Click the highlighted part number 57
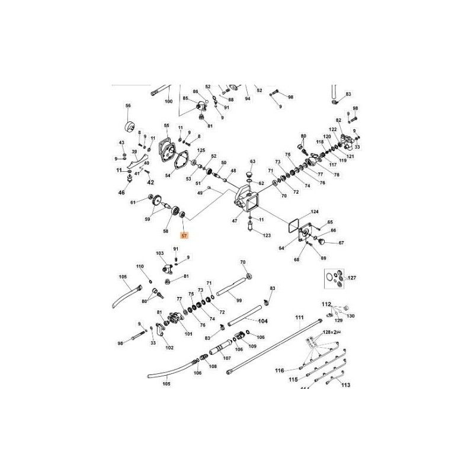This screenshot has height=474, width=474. coord(184,236)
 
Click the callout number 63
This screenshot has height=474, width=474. coord(252,161)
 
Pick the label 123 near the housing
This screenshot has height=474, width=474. coord(267,236)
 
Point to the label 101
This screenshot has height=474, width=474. coord(188,334)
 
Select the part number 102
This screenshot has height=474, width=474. coord(169,348)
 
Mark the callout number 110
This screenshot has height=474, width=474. coord(140,267)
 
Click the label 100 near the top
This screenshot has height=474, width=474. coord(169,101)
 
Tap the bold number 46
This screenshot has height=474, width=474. coord(122,193)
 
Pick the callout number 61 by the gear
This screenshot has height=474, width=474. coord(133,203)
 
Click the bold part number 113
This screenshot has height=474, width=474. coord(346,385)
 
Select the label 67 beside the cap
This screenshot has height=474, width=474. coord(341,242)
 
